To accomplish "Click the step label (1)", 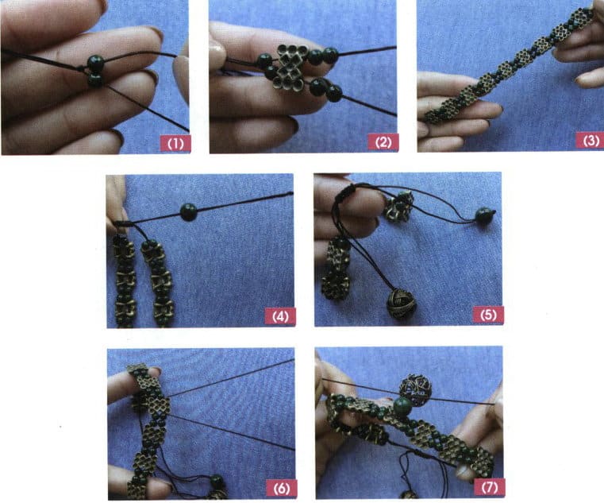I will click(x=173, y=143).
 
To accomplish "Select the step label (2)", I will click(x=382, y=143).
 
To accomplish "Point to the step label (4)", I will click(x=279, y=315).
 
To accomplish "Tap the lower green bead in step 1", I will click(x=95, y=79).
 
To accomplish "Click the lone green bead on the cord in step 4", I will click(x=189, y=211).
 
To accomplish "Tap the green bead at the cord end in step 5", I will click(x=483, y=215).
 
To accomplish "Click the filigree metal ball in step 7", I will click(x=415, y=389).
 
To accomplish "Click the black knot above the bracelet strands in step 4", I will click(x=121, y=225).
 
